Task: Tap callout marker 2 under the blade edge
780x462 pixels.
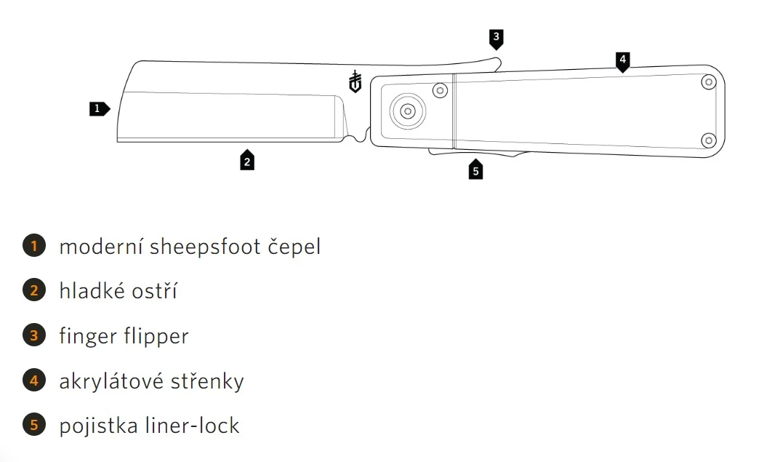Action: coord(247,161)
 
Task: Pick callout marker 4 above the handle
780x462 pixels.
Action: coord(622,60)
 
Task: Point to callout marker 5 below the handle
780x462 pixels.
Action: coord(475,170)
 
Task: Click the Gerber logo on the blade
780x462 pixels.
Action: coord(355,82)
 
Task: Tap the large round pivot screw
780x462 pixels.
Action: coord(408,111)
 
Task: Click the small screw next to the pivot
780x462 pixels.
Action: coord(439,90)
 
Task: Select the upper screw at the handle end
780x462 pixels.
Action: coord(708,83)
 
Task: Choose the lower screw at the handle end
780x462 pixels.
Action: coord(708,139)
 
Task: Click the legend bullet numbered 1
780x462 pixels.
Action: coord(34,246)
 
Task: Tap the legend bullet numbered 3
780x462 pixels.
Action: coord(34,336)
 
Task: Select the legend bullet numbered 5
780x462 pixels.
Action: coord(34,425)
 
